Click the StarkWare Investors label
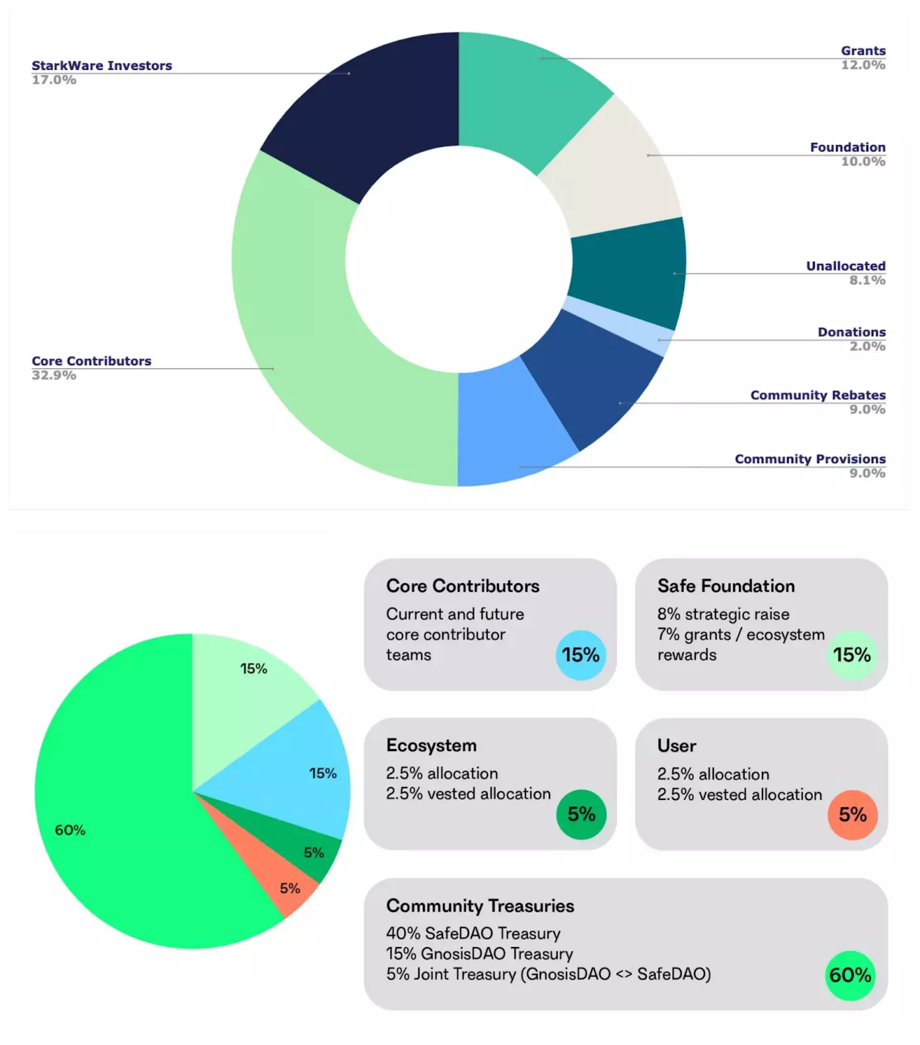[102, 66]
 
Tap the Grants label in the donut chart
[863, 51]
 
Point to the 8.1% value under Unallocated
[867, 280]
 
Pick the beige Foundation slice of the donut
[611, 167]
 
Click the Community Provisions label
[810, 459]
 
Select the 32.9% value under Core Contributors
[54, 376]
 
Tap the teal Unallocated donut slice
[627, 271]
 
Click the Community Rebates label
[818, 395]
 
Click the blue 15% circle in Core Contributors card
[580, 654]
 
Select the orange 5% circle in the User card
[853, 814]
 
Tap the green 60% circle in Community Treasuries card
[850, 975]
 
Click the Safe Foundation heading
[726, 586]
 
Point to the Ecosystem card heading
[431, 745]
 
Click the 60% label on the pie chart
[70, 830]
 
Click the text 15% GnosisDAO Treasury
[480, 954]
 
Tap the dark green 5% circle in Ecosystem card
[581, 814]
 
